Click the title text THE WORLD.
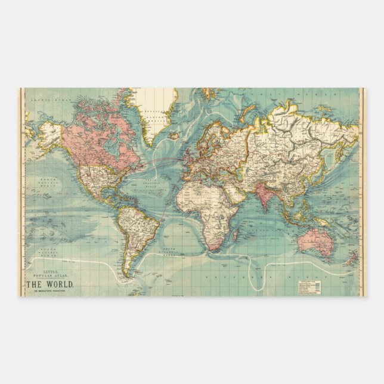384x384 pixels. click(50, 283)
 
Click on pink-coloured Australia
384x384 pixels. click(314, 242)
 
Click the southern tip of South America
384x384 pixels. click(126, 274)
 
